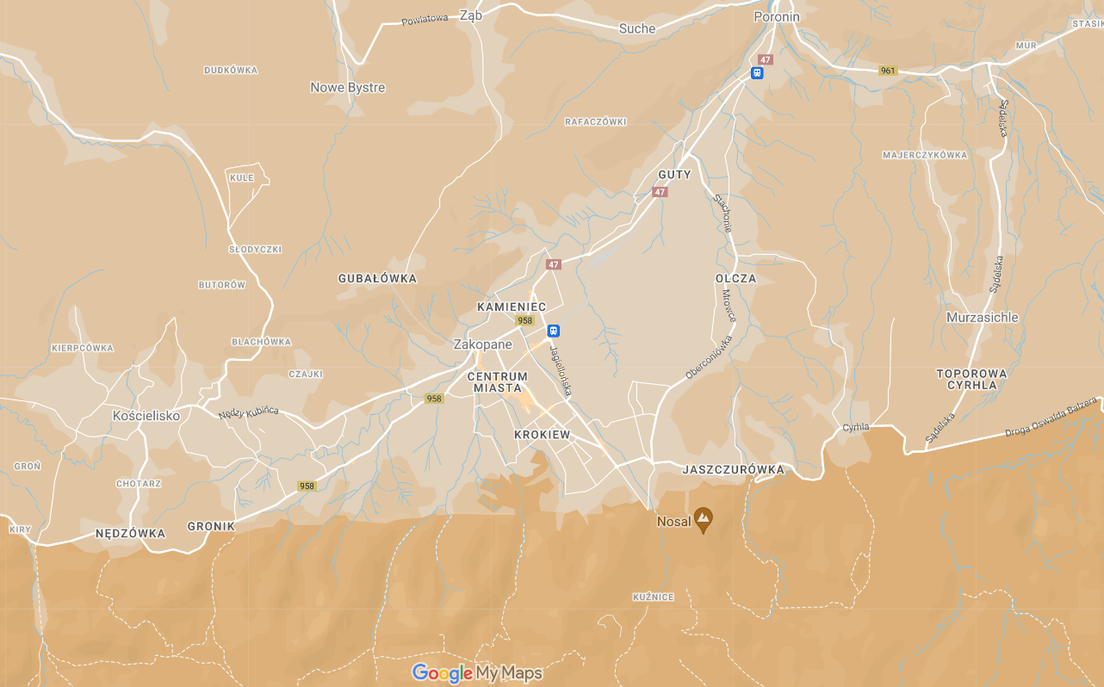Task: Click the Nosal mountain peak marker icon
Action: (x=704, y=519)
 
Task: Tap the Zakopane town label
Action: (x=482, y=344)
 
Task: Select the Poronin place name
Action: (x=776, y=16)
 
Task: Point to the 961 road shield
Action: (x=888, y=71)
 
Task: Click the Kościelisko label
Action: (x=146, y=416)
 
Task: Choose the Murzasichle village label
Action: (x=982, y=317)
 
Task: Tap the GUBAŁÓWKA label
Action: (x=377, y=278)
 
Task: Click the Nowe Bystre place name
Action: (x=348, y=88)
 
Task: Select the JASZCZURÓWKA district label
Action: (x=733, y=469)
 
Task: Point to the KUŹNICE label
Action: (x=654, y=597)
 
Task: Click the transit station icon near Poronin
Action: (x=757, y=73)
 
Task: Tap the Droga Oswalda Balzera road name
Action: (x=1051, y=417)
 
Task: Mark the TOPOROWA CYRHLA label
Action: (x=971, y=379)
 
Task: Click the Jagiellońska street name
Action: (x=561, y=372)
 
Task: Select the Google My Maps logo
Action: (x=477, y=672)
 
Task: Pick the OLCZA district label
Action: (x=735, y=278)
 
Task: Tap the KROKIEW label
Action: (x=542, y=435)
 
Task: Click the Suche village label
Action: (x=637, y=28)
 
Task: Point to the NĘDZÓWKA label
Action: (x=130, y=533)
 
